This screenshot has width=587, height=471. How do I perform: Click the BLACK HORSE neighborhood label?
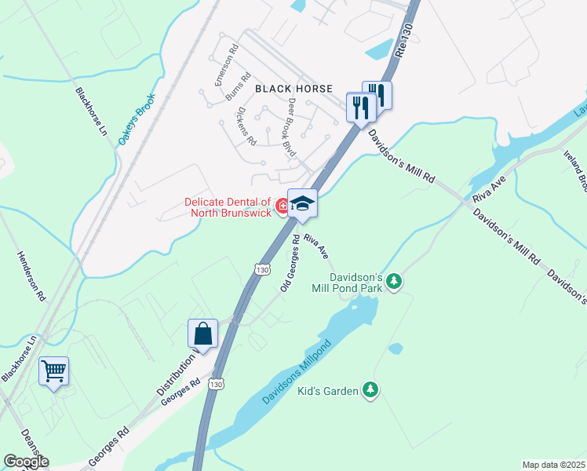(293, 89)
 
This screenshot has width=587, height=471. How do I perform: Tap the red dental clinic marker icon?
(283, 206)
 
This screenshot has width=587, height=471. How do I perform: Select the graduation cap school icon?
(302, 203)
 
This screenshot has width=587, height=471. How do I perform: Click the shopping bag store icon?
(202, 333)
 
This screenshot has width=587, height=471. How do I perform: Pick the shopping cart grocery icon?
(53, 371)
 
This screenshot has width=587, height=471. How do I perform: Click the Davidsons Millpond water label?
(300, 373)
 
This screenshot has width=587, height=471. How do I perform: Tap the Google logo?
(27, 462)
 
